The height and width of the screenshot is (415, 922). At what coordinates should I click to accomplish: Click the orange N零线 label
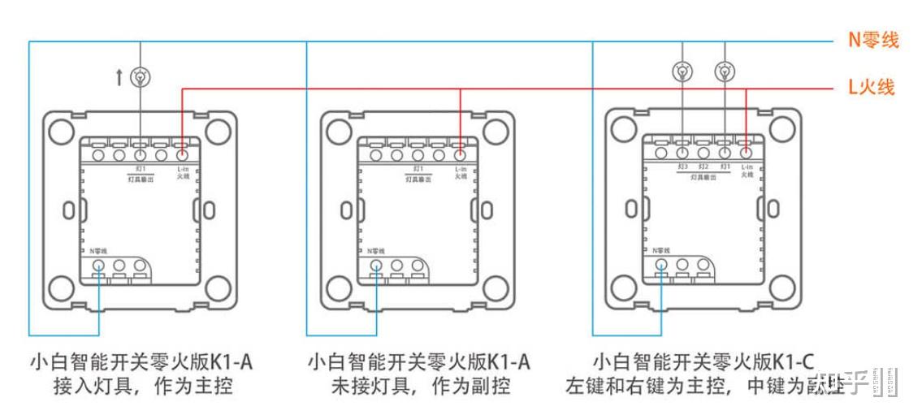(873, 40)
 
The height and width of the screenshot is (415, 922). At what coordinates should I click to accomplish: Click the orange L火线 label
(872, 87)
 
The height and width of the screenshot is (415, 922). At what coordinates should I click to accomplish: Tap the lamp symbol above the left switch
(141, 77)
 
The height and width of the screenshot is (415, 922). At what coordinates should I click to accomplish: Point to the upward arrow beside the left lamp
(120, 77)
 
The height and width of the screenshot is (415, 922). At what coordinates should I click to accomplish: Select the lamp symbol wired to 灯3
(682, 71)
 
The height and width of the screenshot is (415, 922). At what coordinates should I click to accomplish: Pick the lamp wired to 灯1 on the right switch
(724, 71)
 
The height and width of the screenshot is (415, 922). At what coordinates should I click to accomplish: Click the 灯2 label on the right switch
(704, 166)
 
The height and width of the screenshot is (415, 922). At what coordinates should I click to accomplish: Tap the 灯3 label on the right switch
(683, 166)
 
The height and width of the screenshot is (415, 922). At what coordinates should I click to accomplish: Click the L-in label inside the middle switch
(461, 167)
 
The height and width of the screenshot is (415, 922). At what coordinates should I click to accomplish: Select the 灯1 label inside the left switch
(140, 167)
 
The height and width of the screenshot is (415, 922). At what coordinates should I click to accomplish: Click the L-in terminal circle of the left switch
(182, 153)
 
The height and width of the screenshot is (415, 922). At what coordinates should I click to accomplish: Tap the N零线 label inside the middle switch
(376, 251)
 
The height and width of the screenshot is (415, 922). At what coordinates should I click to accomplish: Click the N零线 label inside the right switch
(661, 251)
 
